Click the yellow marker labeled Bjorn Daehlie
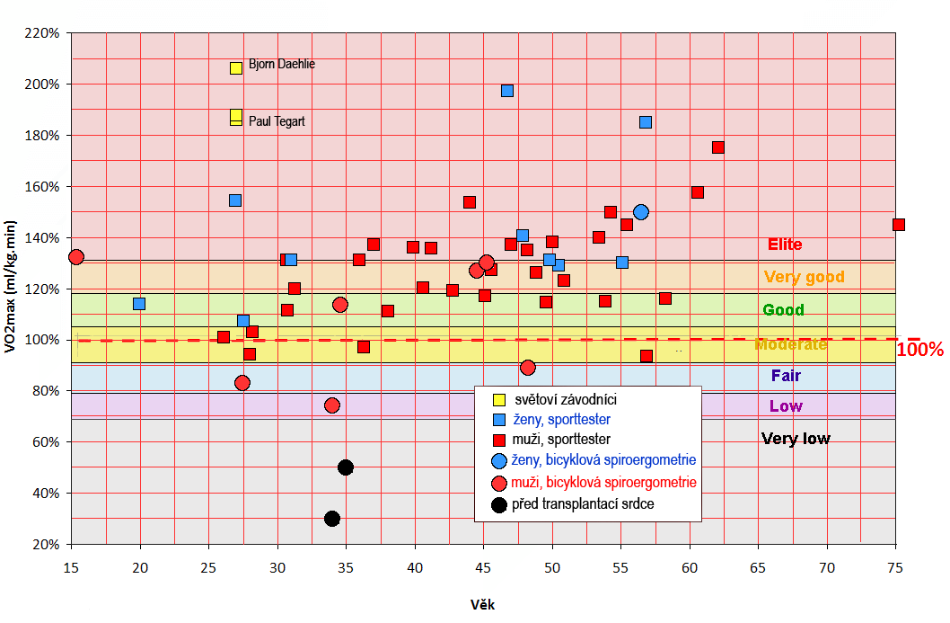click(236, 67)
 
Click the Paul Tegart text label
click(277, 120)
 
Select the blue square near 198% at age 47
click(507, 91)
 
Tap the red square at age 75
click(899, 225)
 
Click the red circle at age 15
click(76, 257)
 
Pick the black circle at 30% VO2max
click(332, 519)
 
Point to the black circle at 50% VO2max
click(346, 467)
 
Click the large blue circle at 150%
click(641, 212)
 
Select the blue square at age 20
click(139, 304)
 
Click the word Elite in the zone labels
click(785, 245)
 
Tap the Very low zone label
click(796, 439)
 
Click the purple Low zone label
click(786, 406)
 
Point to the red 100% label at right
click(919, 350)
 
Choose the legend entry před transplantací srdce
click(583, 504)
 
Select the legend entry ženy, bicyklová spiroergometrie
click(604, 460)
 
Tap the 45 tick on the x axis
click(483, 568)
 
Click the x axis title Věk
click(482, 604)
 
